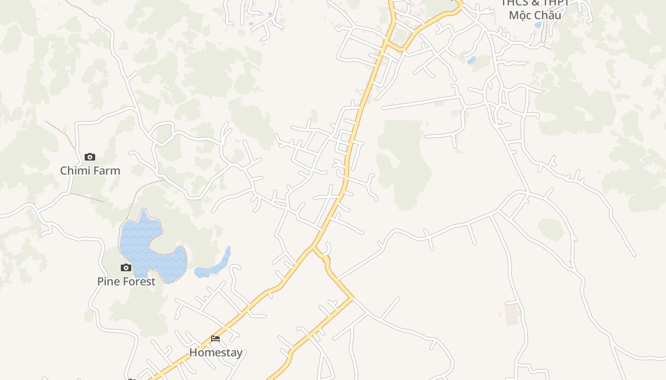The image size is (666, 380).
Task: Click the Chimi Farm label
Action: point(90,171)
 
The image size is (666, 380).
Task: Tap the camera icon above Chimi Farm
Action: point(90,157)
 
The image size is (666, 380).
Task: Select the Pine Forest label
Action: point(126,281)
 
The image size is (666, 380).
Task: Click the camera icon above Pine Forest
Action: point(126,268)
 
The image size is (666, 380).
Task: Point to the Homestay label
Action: point(215,352)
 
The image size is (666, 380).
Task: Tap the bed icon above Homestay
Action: point(215,339)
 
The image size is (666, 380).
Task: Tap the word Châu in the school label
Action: point(548,15)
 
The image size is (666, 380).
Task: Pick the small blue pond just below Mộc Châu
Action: point(538,25)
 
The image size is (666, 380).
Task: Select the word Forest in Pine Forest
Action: point(138,281)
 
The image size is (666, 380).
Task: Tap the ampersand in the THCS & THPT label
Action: point(535,3)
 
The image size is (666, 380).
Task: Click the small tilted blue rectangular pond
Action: point(471,60)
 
